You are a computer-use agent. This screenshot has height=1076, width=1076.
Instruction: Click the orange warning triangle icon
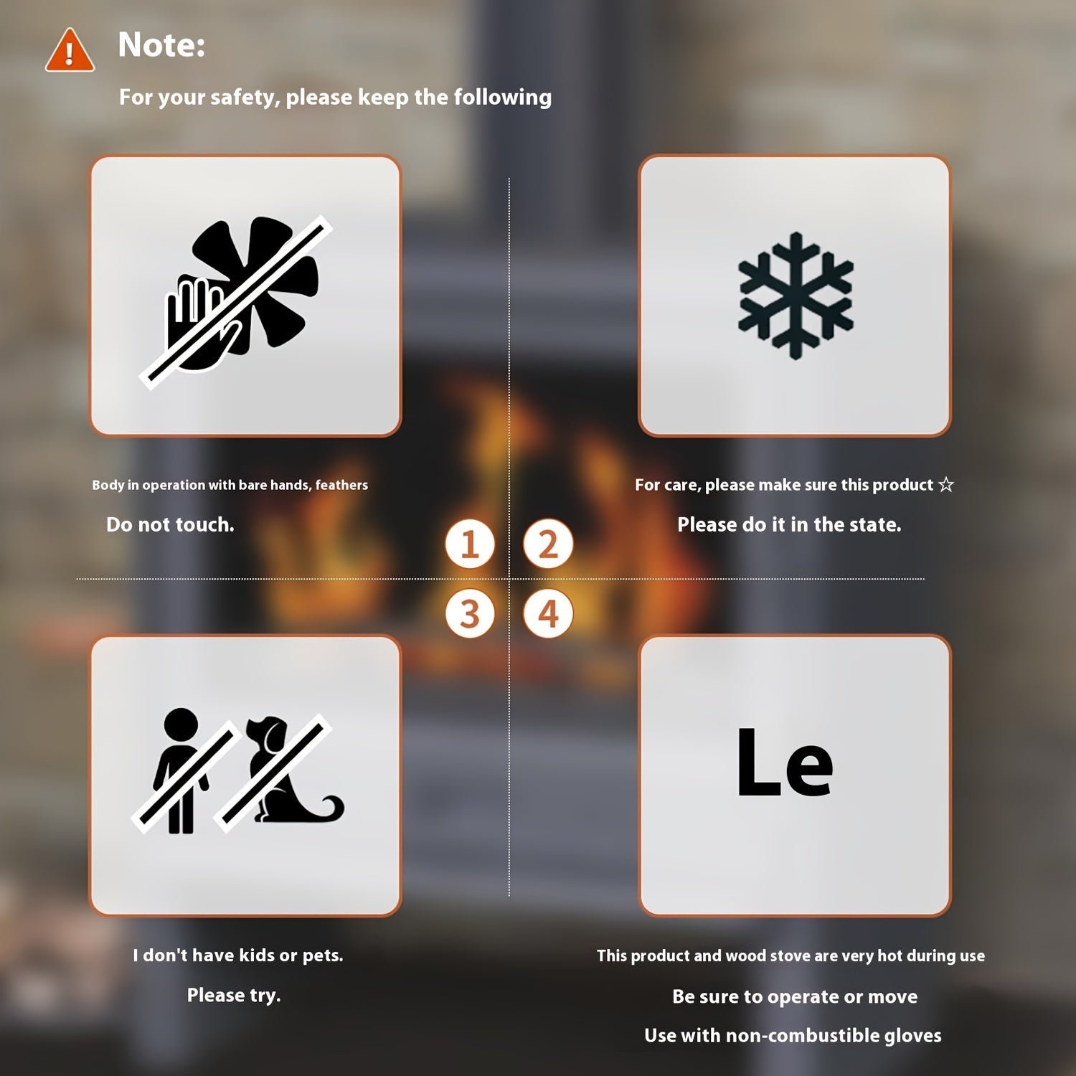pyautogui.click(x=70, y=51)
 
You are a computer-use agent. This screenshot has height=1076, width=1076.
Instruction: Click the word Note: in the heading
pyautogui.click(x=161, y=44)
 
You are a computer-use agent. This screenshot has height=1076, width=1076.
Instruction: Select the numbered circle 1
pyautogui.click(x=470, y=544)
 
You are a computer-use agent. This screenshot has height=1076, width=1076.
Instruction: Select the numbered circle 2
pyautogui.click(x=548, y=544)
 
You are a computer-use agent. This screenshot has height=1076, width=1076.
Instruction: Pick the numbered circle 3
pyautogui.click(x=470, y=614)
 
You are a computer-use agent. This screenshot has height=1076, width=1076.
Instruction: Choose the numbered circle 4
pyautogui.click(x=548, y=614)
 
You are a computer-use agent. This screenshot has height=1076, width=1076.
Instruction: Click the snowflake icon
pyautogui.click(x=796, y=296)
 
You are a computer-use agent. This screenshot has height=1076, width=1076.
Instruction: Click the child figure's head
pyautogui.click(x=180, y=727)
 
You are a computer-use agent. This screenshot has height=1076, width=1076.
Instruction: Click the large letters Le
pyautogui.click(x=785, y=763)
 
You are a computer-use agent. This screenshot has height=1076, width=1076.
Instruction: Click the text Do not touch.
pyautogui.click(x=170, y=525)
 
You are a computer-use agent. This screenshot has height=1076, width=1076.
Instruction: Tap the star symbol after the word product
pyautogui.click(x=946, y=485)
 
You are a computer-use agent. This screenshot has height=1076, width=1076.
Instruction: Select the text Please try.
pyautogui.click(x=234, y=996)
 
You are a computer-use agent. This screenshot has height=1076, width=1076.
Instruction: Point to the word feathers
pyautogui.click(x=341, y=485)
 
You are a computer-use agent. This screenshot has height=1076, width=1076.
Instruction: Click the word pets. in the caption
pyautogui.click(x=323, y=956)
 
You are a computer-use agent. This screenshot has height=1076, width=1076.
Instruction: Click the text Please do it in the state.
pyautogui.click(x=789, y=525)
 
